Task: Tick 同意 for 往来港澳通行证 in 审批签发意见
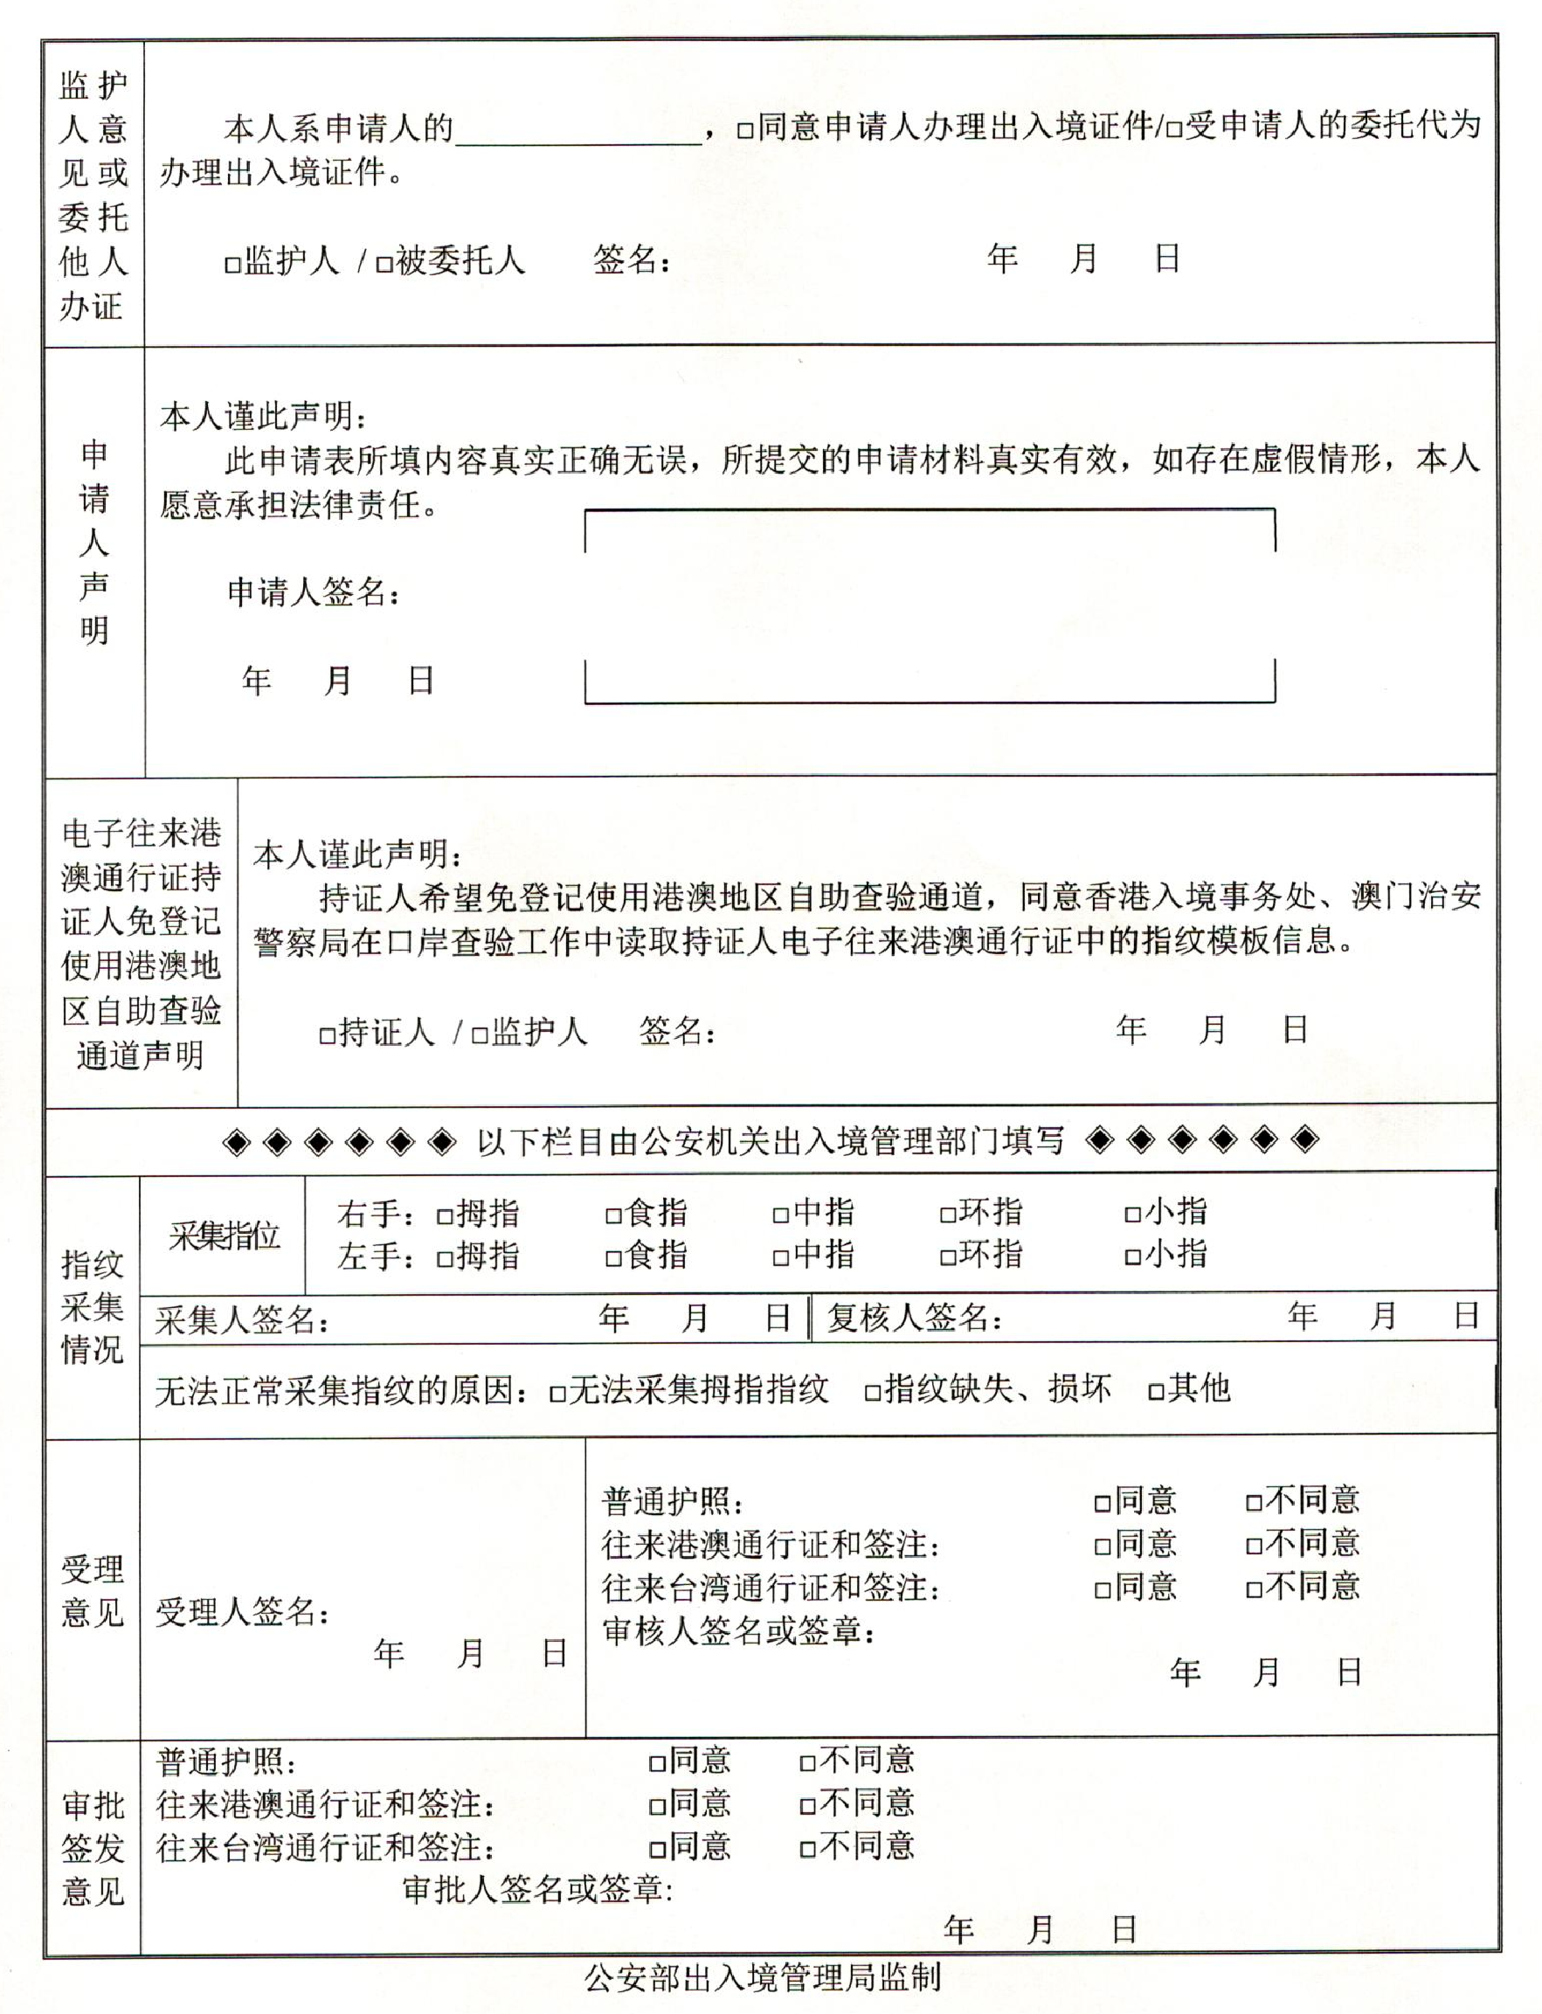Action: click(657, 1807)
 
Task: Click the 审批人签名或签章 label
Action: click(537, 1890)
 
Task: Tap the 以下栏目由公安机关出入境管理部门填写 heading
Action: click(770, 1142)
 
